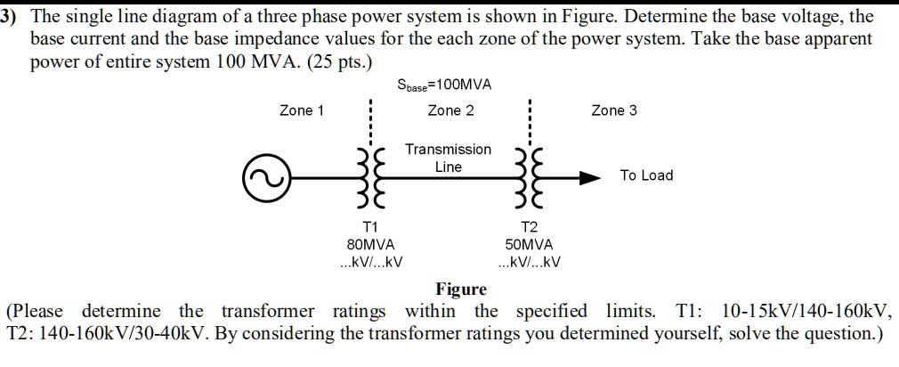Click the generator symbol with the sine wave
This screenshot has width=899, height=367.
point(264,175)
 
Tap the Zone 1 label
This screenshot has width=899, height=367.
point(302,110)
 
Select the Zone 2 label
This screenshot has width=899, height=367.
point(450,110)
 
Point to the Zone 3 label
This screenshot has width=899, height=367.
point(614,110)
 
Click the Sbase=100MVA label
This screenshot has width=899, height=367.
point(444,86)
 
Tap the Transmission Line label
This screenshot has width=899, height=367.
point(448,158)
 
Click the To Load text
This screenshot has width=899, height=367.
point(646,175)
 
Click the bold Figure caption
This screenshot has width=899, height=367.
point(461,289)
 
